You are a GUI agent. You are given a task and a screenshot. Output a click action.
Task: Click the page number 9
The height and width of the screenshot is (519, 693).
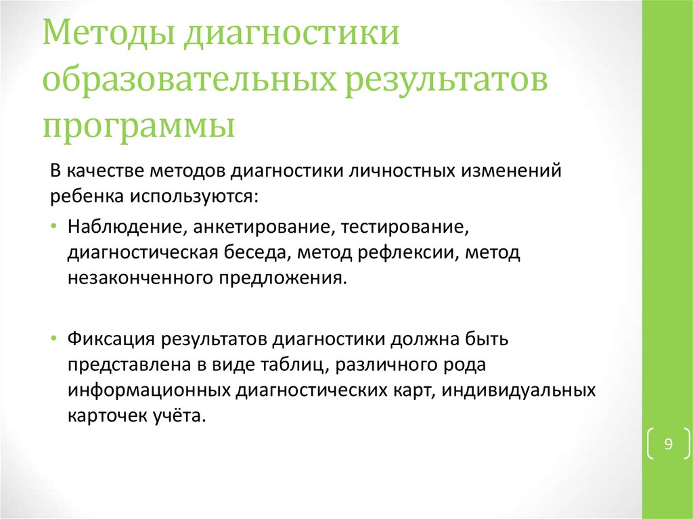(668, 445)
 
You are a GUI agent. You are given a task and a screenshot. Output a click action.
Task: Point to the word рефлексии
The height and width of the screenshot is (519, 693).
(399, 252)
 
